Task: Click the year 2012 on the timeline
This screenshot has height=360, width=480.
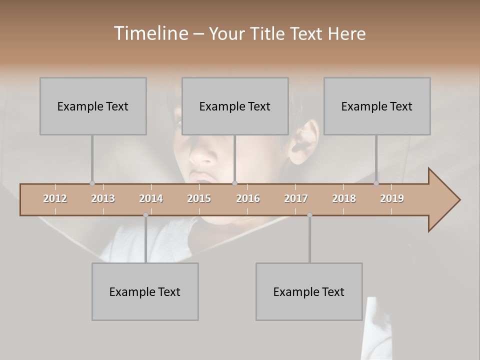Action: tap(55, 198)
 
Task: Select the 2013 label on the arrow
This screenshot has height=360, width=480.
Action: tap(103, 198)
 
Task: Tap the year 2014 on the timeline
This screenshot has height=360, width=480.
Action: tap(151, 198)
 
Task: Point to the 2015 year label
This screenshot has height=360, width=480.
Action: tap(199, 198)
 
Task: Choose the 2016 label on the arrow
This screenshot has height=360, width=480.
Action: tap(248, 198)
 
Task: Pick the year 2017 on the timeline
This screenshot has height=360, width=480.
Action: tap(296, 198)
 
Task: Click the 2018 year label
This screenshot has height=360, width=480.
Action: tap(344, 198)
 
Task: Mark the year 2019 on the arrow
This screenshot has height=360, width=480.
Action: tap(392, 198)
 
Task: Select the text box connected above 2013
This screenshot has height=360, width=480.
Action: tap(93, 106)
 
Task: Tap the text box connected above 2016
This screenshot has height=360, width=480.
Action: tap(235, 106)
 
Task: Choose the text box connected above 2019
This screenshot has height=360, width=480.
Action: tap(377, 106)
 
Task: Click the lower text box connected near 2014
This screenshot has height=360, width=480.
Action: tap(145, 291)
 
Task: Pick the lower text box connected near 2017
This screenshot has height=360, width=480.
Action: tap(309, 291)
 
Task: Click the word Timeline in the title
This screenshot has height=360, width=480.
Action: tap(150, 33)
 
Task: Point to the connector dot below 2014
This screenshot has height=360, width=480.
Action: tap(145, 215)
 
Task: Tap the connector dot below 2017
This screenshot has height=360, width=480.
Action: tap(309, 215)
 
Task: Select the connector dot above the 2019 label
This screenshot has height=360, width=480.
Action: tap(376, 183)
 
